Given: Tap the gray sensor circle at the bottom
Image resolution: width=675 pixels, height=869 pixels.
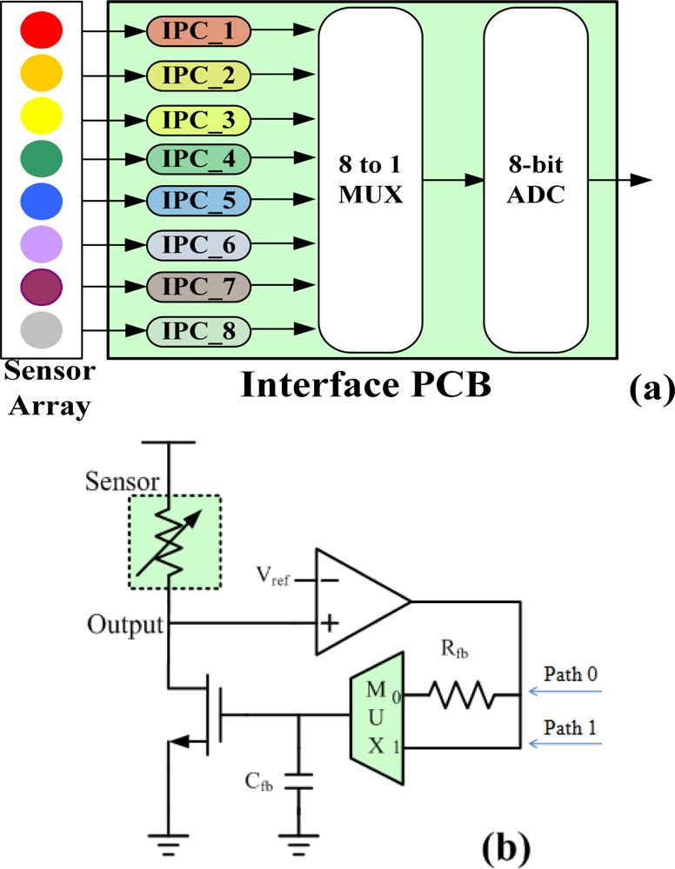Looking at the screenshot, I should pyautogui.click(x=41, y=329).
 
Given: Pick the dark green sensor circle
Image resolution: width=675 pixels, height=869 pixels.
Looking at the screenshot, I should pyautogui.click(x=41, y=158).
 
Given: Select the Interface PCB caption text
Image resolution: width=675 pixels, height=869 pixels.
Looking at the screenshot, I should pyautogui.click(x=365, y=385).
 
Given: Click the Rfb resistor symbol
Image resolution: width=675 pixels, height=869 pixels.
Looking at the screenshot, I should pyautogui.click(x=461, y=696).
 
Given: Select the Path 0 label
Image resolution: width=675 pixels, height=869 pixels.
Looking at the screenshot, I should pyautogui.click(x=570, y=674).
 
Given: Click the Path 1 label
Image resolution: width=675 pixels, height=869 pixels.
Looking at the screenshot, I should pyautogui.click(x=570, y=729).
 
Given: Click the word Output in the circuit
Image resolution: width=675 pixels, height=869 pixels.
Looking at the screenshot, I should pyautogui.click(x=126, y=624).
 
